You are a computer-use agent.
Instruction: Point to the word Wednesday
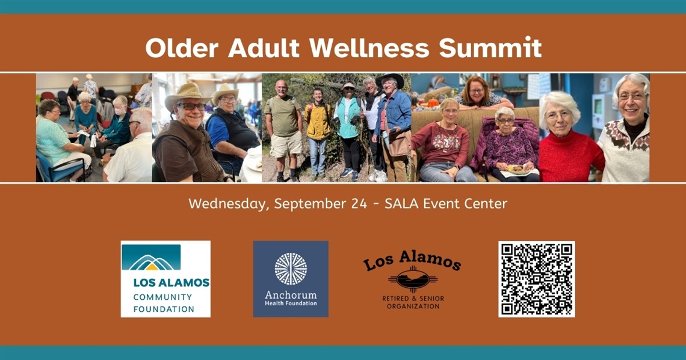tap(226, 203)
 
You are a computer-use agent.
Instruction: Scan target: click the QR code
tap(536, 279)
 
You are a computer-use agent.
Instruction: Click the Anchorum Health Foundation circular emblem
tap(291, 268)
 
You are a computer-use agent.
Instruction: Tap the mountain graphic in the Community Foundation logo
tap(151, 260)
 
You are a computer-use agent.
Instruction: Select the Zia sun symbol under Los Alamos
tap(413, 279)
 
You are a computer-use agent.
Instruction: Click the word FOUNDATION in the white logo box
tap(164, 309)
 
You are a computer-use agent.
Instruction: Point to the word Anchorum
tap(291, 295)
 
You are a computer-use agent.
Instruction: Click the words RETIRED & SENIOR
tap(413, 299)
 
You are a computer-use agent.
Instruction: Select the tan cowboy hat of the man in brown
tap(187, 93)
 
